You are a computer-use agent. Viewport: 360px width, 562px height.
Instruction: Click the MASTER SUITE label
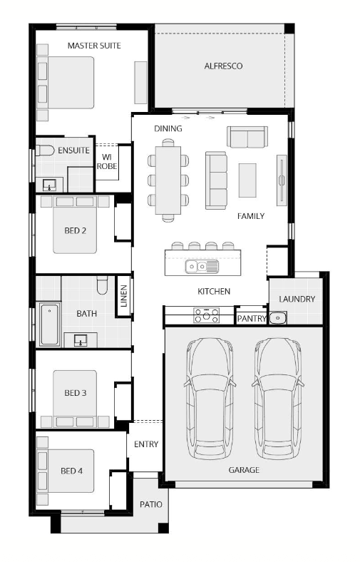click(x=94, y=46)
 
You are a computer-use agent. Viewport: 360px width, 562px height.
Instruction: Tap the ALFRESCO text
click(x=223, y=66)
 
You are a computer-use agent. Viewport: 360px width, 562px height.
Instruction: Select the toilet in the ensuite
click(x=45, y=150)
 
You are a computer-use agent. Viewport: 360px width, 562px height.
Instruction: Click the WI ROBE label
click(x=107, y=162)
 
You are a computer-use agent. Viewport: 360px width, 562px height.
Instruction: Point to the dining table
click(x=168, y=180)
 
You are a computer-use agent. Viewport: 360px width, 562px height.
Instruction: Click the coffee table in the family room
click(x=247, y=180)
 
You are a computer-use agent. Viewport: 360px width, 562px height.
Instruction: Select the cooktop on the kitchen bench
click(x=206, y=315)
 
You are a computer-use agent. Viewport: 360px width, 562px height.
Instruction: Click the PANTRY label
click(x=252, y=318)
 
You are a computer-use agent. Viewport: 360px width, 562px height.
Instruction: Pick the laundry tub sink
click(x=277, y=317)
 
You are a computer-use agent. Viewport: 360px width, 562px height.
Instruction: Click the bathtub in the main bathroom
click(x=49, y=325)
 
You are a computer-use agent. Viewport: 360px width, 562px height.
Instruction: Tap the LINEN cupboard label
click(x=123, y=296)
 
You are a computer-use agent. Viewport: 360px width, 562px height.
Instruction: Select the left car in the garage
click(x=210, y=399)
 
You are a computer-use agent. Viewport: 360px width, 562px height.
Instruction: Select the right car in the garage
click(x=278, y=399)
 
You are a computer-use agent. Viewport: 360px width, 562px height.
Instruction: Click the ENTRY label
click(x=146, y=444)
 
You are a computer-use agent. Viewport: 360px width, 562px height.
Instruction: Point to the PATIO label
click(x=151, y=505)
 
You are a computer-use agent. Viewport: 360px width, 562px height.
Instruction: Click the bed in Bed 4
click(x=66, y=471)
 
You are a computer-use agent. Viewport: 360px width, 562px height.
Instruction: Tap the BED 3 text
click(x=76, y=393)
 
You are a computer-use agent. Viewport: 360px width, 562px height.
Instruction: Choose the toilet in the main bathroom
click(x=102, y=285)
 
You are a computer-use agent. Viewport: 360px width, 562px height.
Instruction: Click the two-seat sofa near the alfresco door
click(x=247, y=136)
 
